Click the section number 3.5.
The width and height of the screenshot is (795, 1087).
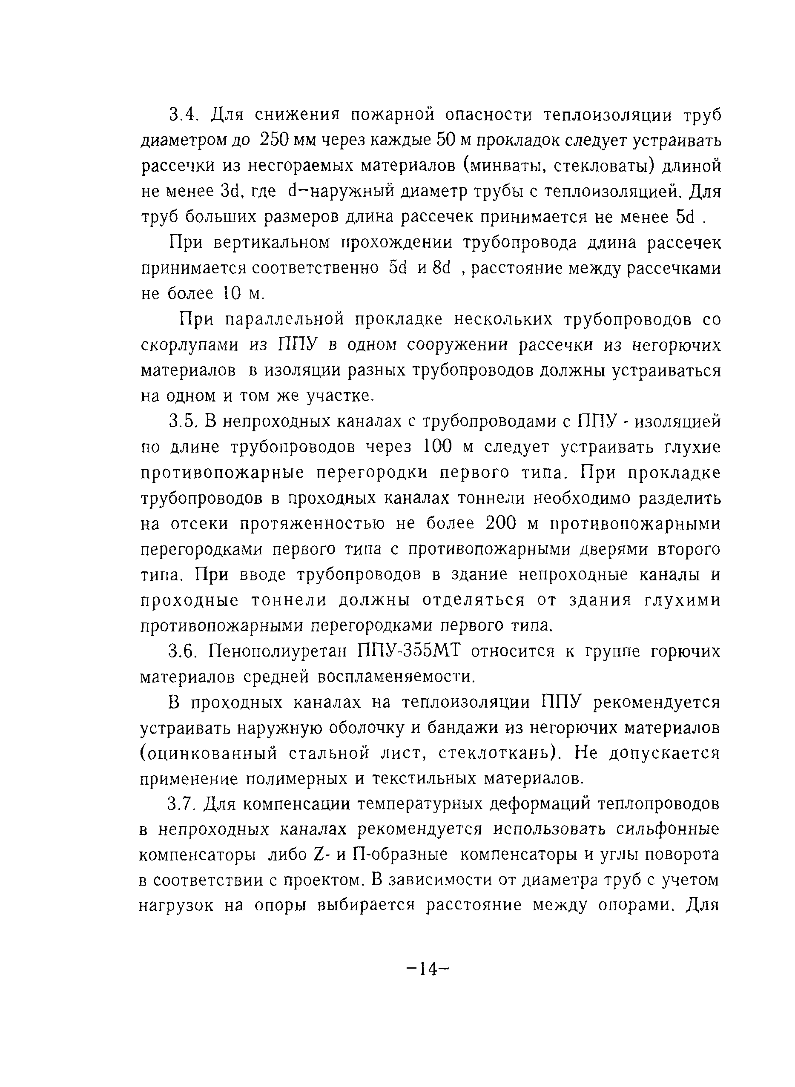click(x=183, y=422)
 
